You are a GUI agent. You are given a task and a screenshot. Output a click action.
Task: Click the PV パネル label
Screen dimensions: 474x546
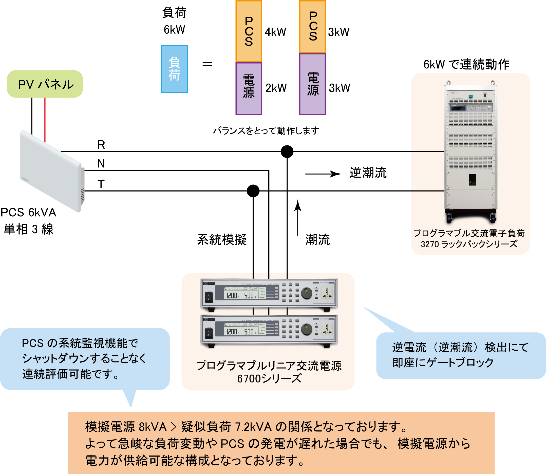tap(46, 85)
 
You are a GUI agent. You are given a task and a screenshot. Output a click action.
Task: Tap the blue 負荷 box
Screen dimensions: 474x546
tap(174, 69)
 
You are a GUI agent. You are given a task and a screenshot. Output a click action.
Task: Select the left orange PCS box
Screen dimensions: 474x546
tap(249, 31)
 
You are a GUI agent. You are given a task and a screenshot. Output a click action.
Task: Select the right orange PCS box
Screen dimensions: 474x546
tap(313, 26)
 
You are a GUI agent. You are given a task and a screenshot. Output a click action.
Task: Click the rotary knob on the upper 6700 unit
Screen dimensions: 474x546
tap(307, 293)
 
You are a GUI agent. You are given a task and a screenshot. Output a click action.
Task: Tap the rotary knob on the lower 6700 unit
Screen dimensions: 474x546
tap(307, 330)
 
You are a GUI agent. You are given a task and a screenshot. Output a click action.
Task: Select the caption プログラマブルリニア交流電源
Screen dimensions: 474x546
tap(269, 366)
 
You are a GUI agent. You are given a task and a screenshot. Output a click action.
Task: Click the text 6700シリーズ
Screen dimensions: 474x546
tap(269, 378)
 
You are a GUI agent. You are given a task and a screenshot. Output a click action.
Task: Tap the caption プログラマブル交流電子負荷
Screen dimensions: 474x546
tap(469, 233)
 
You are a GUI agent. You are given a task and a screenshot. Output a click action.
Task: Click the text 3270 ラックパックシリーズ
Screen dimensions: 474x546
tap(469, 244)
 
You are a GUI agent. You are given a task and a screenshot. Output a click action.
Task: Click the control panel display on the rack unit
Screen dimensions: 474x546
tap(458, 108)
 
